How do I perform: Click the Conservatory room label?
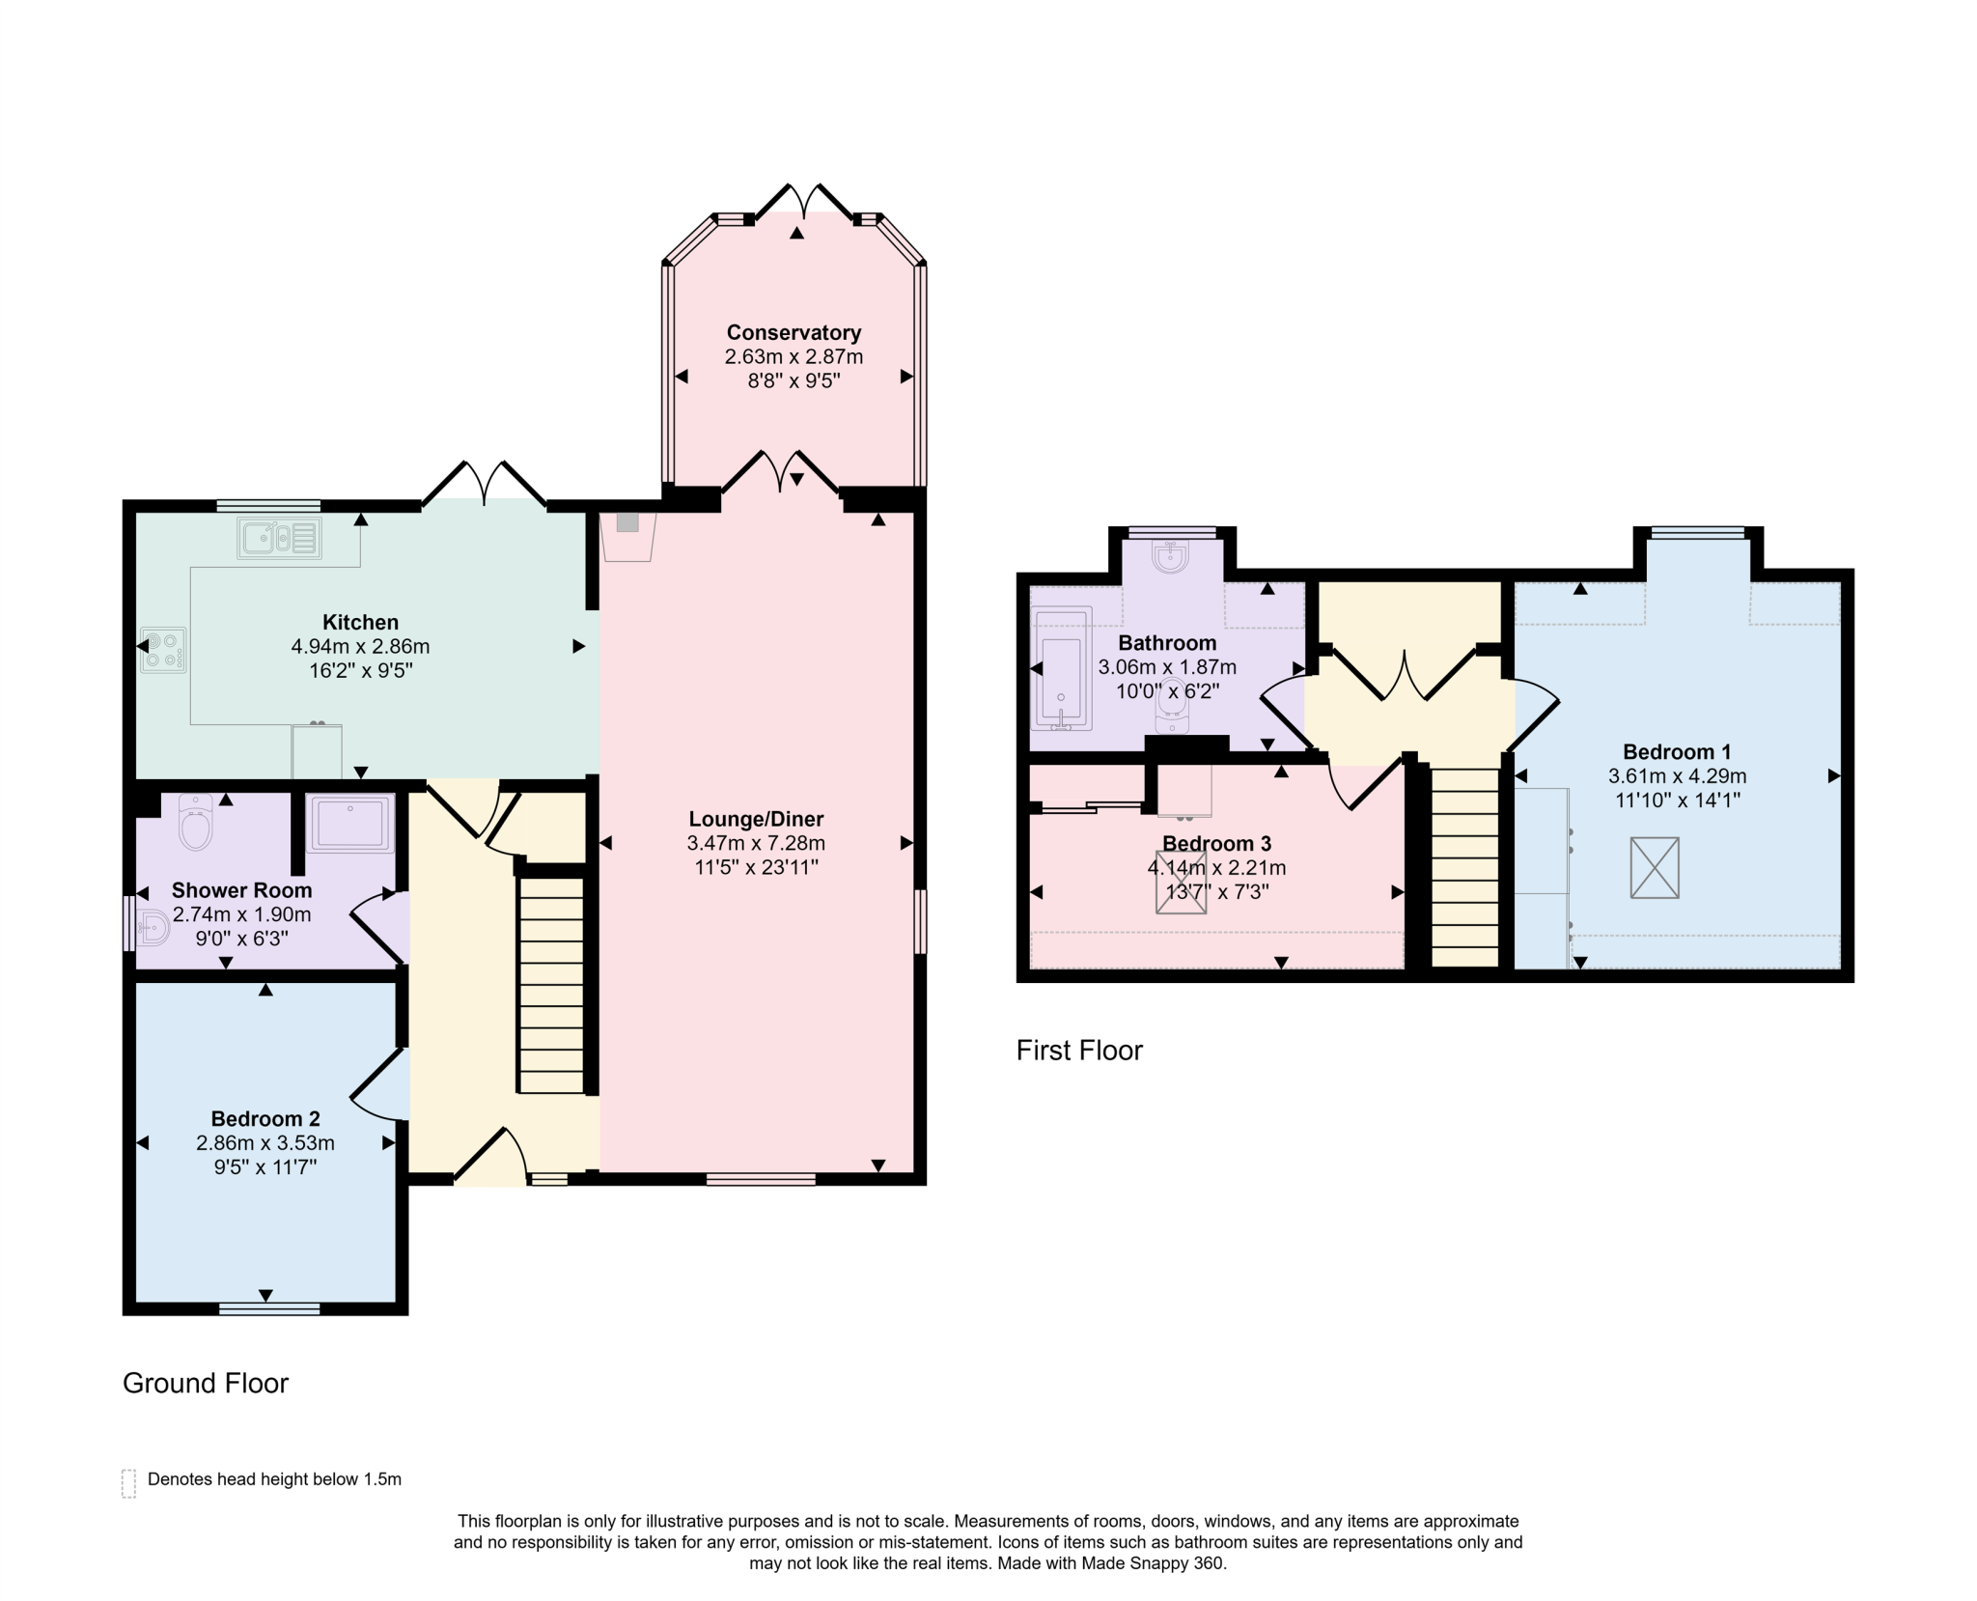(794, 333)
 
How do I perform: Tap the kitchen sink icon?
(279, 539)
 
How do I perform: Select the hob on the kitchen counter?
(163, 650)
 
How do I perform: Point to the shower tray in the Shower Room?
(350, 824)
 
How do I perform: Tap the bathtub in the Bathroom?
(1062, 668)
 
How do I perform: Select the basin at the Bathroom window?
(1171, 555)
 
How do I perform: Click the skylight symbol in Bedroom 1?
(1655, 868)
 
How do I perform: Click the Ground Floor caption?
(206, 1384)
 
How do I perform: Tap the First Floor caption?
(1079, 1051)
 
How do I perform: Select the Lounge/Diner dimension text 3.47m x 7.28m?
(756, 843)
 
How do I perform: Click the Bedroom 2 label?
(265, 1119)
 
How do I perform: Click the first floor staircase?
(1464, 867)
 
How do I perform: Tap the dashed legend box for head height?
(128, 1483)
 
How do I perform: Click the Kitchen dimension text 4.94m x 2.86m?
(360, 647)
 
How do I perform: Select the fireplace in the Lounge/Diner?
(627, 536)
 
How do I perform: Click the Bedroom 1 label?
(1677, 752)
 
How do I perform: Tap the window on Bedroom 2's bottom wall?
(269, 1308)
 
